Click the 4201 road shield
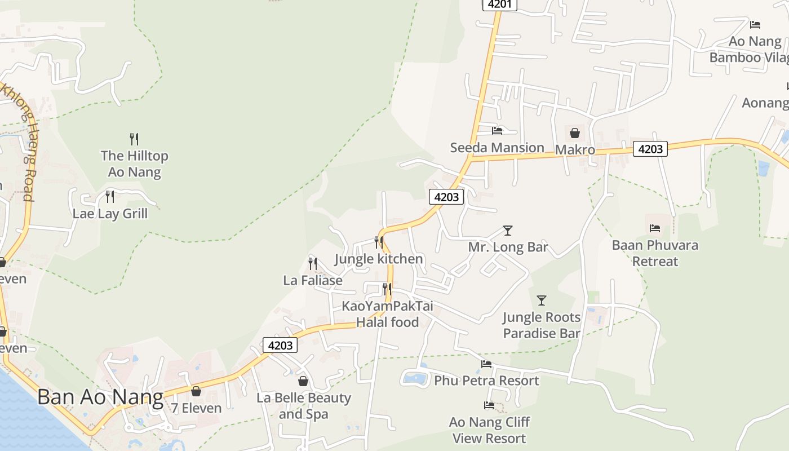point(499,5)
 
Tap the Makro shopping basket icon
point(575,133)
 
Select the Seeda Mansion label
point(497,148)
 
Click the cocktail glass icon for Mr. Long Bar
point(508,231)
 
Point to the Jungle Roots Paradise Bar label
point(541,325)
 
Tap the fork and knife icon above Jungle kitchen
point(379,242)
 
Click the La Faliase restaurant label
point(313,280)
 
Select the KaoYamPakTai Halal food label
point(388,314)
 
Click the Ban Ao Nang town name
point(100,397)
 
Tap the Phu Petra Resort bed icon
point(486,364)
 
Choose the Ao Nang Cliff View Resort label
point(489,430)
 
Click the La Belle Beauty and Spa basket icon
point(303,382)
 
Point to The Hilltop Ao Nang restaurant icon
point(134,139)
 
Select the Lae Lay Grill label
point(110,214)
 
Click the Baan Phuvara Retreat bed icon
point(655,228)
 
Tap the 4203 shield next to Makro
point(650,149)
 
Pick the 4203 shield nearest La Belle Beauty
point(280,345)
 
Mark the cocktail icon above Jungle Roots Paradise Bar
point(542,300)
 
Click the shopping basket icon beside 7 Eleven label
point(196,391)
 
